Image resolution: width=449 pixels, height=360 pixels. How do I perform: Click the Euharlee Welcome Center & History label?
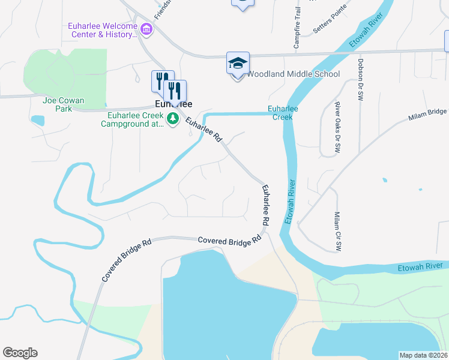click(x=101, y=30)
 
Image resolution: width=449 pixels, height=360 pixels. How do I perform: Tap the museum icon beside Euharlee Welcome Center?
click(x=145, y=29)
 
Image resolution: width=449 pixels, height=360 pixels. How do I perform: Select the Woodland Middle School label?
click(x=294, y=74)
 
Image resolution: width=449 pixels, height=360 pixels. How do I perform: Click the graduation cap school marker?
click(x=238, y=63)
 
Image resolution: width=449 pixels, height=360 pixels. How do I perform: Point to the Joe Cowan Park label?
click(x=64, y=104)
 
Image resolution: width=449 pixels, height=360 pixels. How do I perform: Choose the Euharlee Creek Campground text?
click(x=132, y=120)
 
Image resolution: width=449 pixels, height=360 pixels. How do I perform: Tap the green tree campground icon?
click(x=173, y=119)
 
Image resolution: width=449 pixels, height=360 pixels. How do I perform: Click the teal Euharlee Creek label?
click(x=282, y=113)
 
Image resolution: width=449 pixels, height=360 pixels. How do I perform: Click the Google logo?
click(x=20, y=353)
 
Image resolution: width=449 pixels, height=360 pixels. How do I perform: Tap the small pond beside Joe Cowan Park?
click(x=37, y=120)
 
